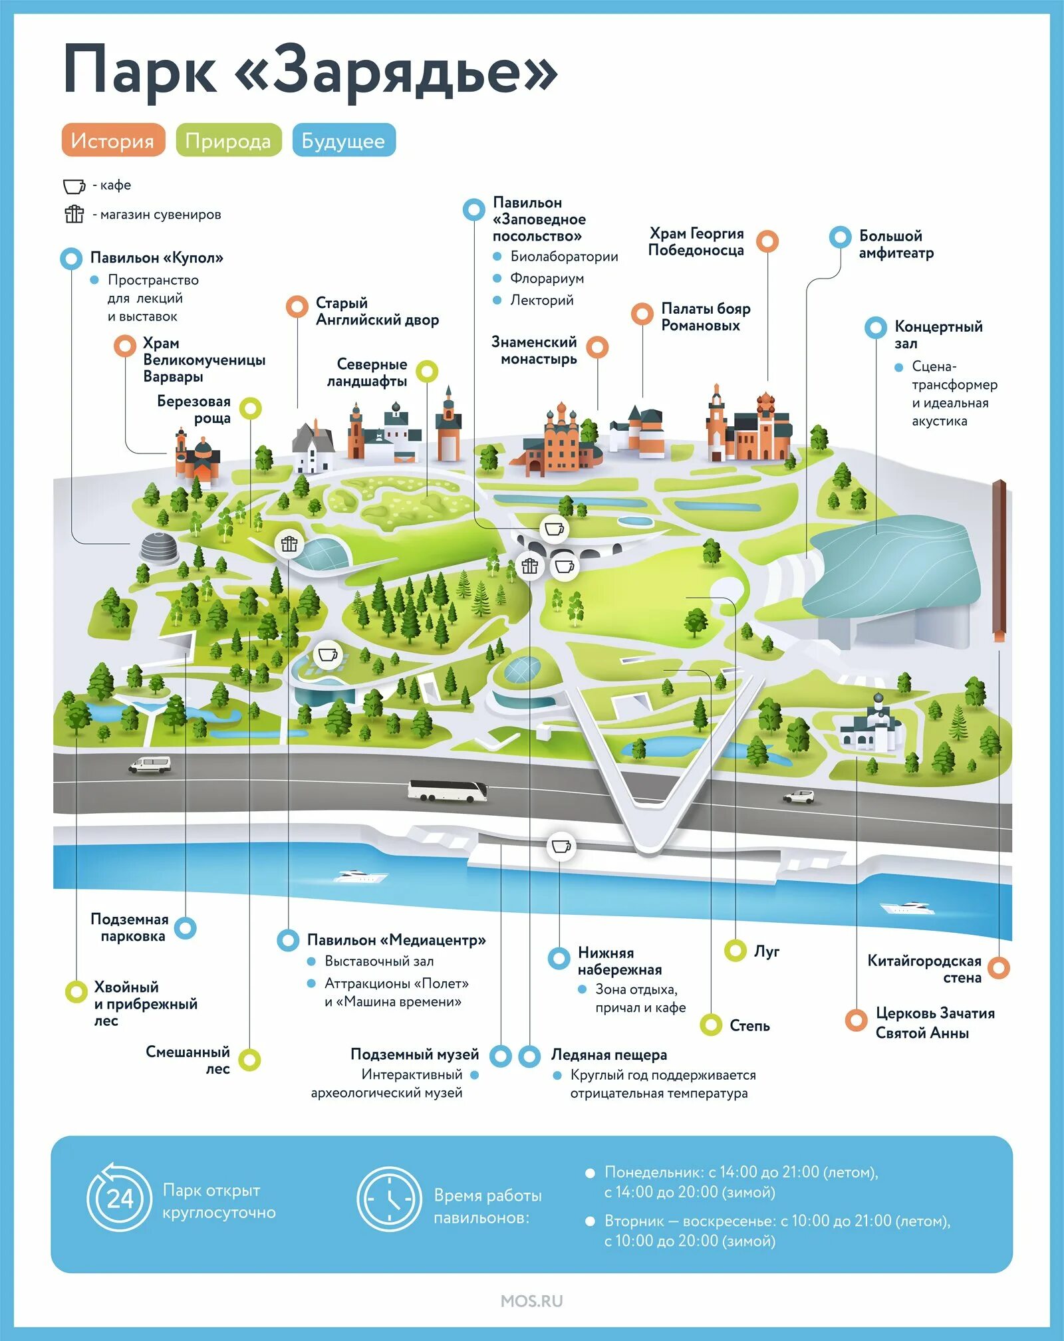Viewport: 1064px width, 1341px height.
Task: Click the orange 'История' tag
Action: [x=113, y=140]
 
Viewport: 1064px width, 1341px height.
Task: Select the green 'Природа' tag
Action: [x=228, y=140]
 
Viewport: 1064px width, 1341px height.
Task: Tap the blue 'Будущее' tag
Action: [x=343, y=140]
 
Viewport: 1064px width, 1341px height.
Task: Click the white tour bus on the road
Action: [x=447, y=791]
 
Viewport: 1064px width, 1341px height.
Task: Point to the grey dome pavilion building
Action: [x=159, y=547]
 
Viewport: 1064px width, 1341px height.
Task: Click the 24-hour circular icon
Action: [x=120, y=1198]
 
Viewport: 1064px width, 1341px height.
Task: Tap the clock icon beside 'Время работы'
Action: [x=389, y=1198]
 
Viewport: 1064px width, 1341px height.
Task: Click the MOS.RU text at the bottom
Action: [x=531, y=1301]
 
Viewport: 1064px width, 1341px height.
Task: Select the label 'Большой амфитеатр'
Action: [x=896, y=244]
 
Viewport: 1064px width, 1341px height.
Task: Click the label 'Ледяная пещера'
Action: [x=608, y=1054]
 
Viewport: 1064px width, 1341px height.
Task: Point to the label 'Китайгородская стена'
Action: [x=924, y=969]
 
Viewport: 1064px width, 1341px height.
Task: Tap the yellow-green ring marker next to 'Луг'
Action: [x=735, y=951]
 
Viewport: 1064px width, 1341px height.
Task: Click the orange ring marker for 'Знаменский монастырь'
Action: [x=597, y=346]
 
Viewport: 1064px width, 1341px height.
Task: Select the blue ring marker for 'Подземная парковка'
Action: [x=185, y=927]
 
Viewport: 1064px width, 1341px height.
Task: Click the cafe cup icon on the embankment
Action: [x=561, y=846]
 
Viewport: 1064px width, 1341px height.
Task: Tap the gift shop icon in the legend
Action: [x=74, y=214]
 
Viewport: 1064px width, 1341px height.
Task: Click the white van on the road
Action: [x=150, y=765]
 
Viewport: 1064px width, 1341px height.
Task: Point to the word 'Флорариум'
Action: [x=547, y=278]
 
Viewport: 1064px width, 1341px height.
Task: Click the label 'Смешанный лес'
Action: [x=188, y=1060]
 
